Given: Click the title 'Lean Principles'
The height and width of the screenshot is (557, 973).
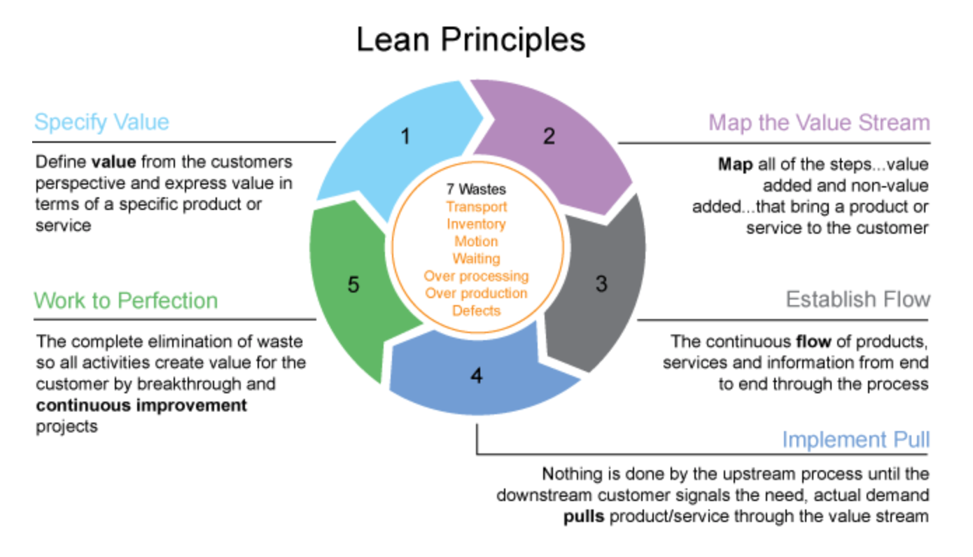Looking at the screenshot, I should coord(470,39).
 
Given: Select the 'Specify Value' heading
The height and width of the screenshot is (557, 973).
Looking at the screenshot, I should coord(101,122).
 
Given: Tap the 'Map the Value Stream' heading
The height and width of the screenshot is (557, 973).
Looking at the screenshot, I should coord(819,122).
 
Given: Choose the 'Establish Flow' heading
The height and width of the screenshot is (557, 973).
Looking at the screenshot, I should coord(857,299).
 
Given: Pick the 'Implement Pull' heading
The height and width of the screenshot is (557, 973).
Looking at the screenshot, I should coord(855,439).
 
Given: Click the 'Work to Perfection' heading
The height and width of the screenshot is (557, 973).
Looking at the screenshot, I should coord(126,300).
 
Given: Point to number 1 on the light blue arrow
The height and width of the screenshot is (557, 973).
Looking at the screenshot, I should coord(405,136).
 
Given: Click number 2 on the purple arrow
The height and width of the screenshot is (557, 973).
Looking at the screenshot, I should coord(548,136).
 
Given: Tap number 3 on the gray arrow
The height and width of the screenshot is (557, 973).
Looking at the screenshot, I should coord(601,285).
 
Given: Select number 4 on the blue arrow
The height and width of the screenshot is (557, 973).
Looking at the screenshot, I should coord(477,376).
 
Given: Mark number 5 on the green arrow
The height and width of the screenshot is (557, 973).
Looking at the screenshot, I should coord(353,285).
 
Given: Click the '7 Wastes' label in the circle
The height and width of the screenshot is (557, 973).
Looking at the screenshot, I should coord(476,189).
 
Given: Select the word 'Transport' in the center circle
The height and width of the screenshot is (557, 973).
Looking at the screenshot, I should coord(476,206).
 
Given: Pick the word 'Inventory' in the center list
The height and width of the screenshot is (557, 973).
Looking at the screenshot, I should coord(476,224).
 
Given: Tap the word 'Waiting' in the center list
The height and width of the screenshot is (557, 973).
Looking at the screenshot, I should coord(476,259).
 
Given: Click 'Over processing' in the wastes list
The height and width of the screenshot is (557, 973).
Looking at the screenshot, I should coord(476,276).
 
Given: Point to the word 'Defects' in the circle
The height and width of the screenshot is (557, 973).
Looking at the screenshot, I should coord(476,310).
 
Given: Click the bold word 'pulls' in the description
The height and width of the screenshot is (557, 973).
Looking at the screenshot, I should coord(585,516).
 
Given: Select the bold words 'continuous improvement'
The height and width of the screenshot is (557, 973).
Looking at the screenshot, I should coord(141,405).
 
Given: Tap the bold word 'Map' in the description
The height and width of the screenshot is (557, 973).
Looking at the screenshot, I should coord(734,164).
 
